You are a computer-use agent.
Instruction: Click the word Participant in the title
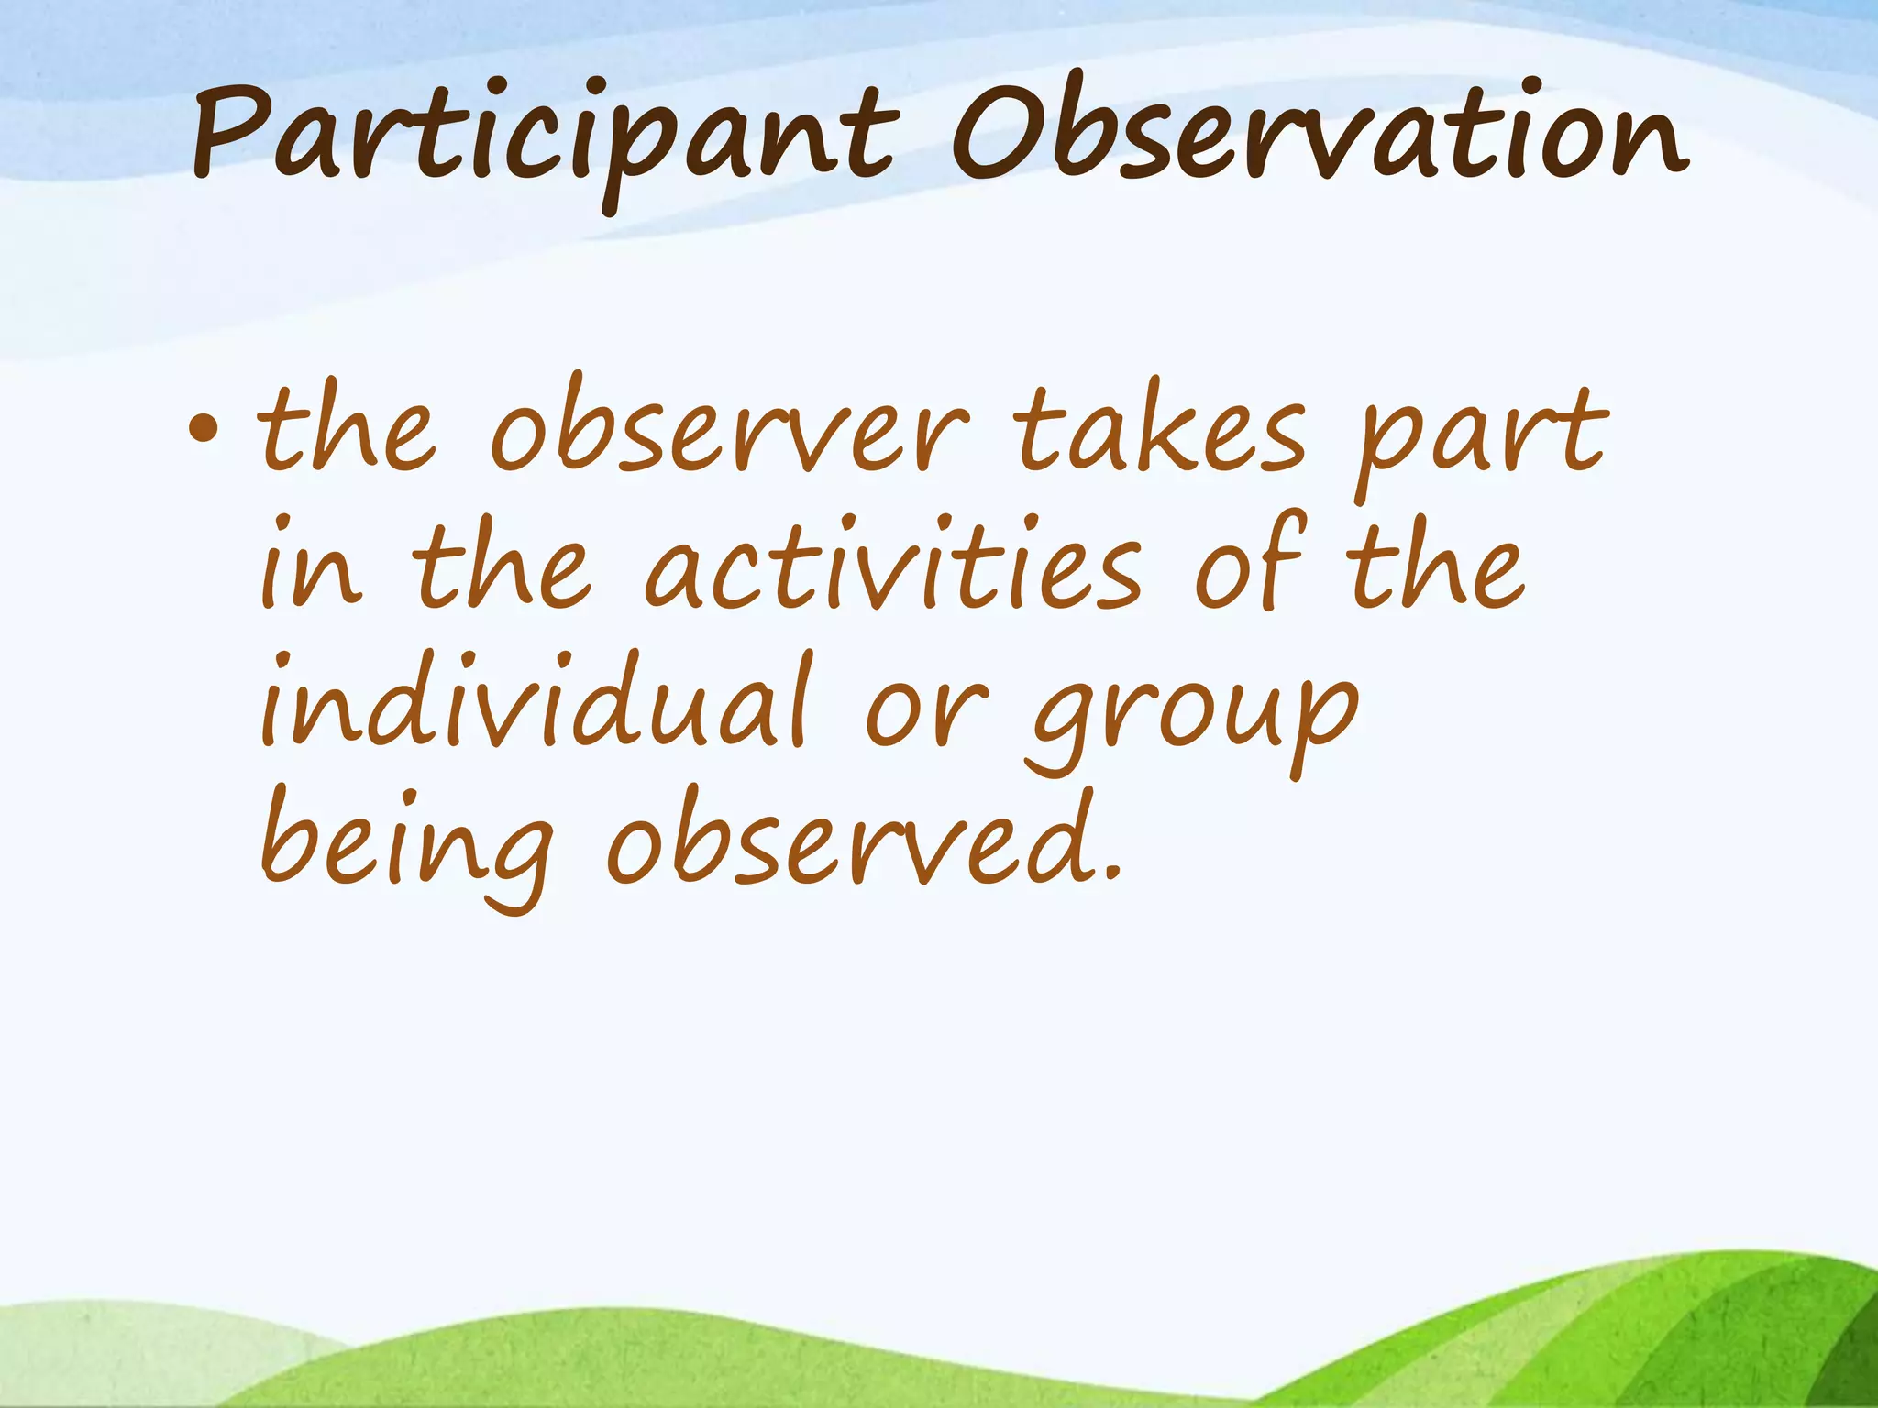point(541,137)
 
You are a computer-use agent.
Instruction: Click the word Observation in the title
point(1316,133)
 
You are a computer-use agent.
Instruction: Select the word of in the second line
point(1249,564)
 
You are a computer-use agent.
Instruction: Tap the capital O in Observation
point(995,133)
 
